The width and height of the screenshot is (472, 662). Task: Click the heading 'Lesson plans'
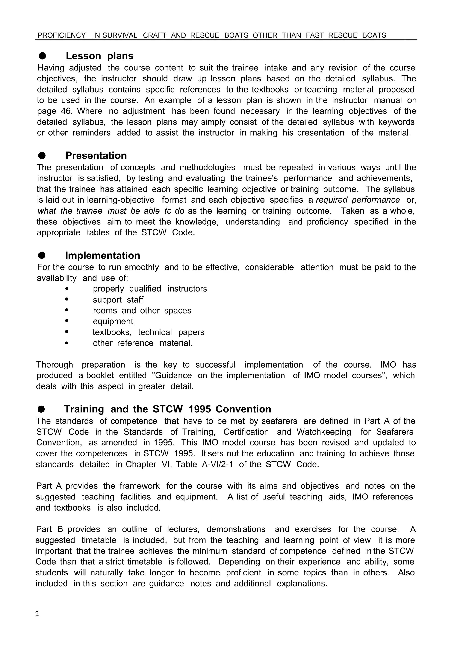coord(99,56)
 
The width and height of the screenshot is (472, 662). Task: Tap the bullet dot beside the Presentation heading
coord(42,156)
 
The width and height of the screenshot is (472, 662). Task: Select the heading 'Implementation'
coord(102,256)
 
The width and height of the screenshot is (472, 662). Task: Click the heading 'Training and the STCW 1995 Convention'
coord(167,409)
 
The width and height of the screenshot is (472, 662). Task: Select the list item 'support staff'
coord(118,299)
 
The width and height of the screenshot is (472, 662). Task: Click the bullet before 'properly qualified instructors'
coord(67,289)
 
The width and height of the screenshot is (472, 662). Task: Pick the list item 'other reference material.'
coord(142,343)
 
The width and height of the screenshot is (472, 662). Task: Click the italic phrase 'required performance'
coord(357,200)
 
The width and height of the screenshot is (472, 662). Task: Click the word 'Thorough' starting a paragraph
coord(54,365)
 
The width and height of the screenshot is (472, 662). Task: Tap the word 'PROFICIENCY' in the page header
coord(62,35)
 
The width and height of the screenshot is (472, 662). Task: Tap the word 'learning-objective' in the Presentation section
coord(121,200)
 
